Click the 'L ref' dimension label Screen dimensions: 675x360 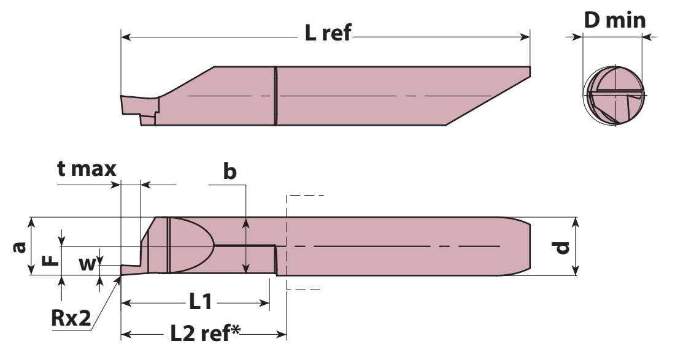click(328, 33)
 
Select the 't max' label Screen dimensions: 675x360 click(87, 169)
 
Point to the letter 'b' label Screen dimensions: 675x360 click(230, 171)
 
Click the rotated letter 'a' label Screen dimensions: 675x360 click(20, 247)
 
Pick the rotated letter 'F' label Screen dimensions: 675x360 click(51, 260)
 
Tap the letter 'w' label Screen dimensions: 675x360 click(87, 264)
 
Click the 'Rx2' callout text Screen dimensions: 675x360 click(71, 318)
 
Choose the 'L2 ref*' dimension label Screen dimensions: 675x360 click(206, 334)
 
